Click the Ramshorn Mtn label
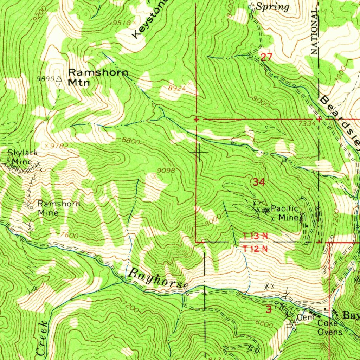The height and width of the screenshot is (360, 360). click(x=98, y=77)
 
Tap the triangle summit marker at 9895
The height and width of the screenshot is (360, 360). click(x=59, y=79)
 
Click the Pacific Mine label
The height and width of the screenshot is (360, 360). click(x=284, y=213)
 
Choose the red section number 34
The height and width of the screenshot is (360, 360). click(x=258, y=182)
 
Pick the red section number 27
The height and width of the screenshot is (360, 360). click(x=266, y=57)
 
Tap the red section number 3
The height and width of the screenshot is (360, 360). click(x=269, y=309)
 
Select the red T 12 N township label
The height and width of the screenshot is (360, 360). click(x=255, y=249)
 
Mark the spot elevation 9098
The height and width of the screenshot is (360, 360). click(x=166, y=171)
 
